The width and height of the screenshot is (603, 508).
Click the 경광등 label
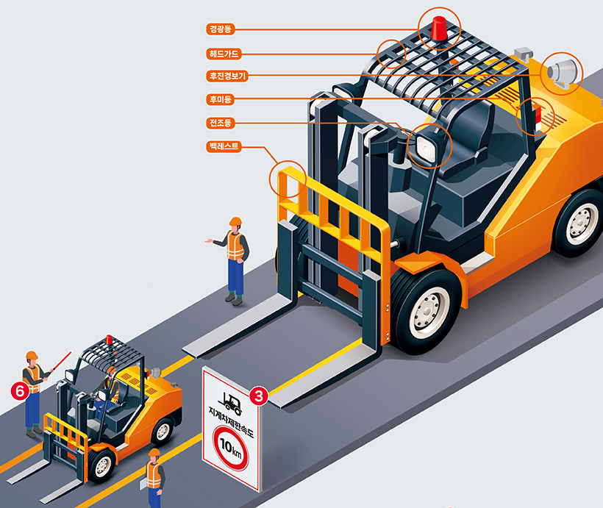[x=221, y=29]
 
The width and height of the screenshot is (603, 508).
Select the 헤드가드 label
[x=224, y=54]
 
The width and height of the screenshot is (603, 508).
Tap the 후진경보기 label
[x=227, y=76]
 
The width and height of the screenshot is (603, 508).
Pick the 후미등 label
[x=221, y=99]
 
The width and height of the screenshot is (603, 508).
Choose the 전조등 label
[x=221, y=123]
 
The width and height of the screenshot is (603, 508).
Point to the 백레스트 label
[x=224, y=146]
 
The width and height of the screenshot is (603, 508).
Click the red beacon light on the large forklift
[x=439, y=29]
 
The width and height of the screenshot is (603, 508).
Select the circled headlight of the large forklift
[x=425, y=146]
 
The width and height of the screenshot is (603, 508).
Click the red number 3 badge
[x=259, y=396]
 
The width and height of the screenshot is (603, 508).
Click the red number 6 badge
[x=20, y=391]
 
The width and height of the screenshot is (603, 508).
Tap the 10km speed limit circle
[x=230, y=447]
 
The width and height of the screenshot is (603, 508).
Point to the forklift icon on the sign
[x=230, y=403]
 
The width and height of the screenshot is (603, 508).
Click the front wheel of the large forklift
[x=426, y=312]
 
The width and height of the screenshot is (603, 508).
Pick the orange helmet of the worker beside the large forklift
[x=235, y=221]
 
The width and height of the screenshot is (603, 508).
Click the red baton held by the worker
[x=62, y=361]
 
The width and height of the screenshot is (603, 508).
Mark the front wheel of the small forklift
[x=101, y=465]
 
